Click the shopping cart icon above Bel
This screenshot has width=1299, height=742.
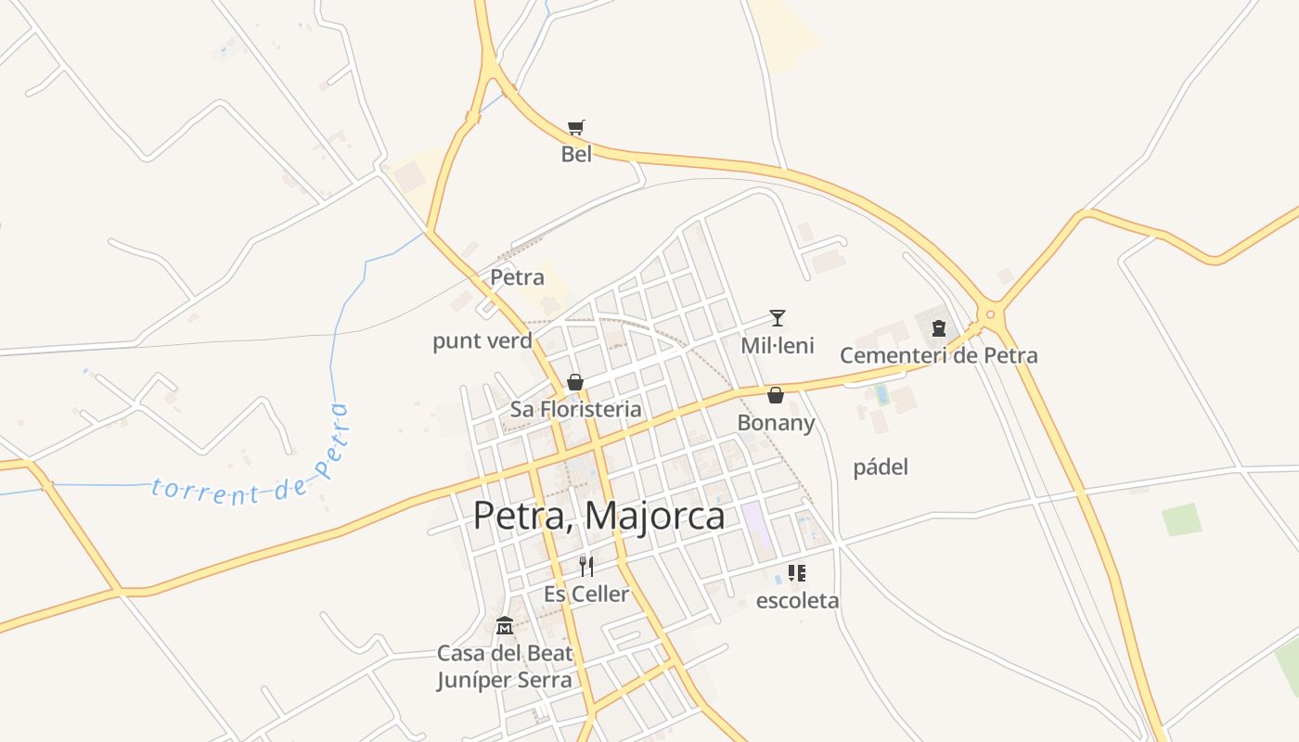pyautogui.click(x=576, y=127)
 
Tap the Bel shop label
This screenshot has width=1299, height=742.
pyautogui.click(x=576, y=154)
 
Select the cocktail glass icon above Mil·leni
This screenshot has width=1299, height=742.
pyautogui.click(x=778, y=318)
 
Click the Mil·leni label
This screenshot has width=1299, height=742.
pyautogui.click(x=778, y=346)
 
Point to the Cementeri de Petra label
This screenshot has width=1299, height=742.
pyautogui.click(x=938, y=355)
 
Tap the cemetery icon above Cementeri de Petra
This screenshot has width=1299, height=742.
pyautogui.click(x=938, y=327)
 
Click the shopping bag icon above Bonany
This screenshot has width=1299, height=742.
pyautogui.click(x=776, y=395)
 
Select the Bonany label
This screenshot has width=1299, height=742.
pyautogui.click(x=776, y=423)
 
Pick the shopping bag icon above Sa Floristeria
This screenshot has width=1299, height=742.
pyautogui.click(x=575, y=382)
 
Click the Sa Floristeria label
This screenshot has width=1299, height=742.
pyautogui.click(x=575, y=409)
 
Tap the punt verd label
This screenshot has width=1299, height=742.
pyautogui.click(x=482, y=340)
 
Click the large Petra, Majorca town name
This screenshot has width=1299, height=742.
pyautogui.click(x=598, y=516)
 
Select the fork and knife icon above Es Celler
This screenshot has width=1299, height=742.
pyautogui.click(x=585, y=566)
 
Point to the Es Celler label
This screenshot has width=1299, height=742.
pyautogui.click(x=585, y=594)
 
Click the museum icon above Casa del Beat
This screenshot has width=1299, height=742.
pyautogui.click(x=505, y=625)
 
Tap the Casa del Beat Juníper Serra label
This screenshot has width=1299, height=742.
pyautogui.click(x=505, y=666)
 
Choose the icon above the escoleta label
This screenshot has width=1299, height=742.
pyautogui.click(x=797, y=573)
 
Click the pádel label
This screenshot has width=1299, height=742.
pyautogui.click(x=881, y=467)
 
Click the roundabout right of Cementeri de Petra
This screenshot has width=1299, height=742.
pyautogui.click(x=991, y=314)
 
